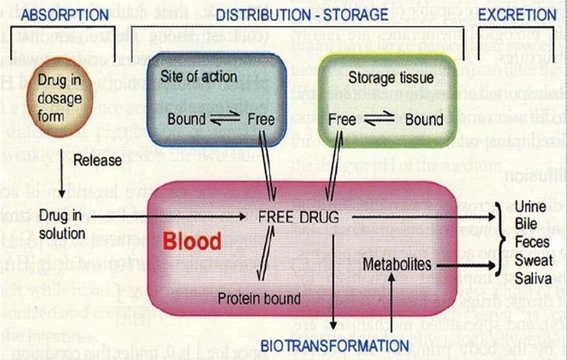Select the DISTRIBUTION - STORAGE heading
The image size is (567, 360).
[301, 15]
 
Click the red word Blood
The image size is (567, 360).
[192, 241]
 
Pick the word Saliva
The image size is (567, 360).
[533, 277]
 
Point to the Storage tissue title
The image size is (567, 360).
[383, 79]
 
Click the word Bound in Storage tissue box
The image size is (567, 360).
[424, 119]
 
